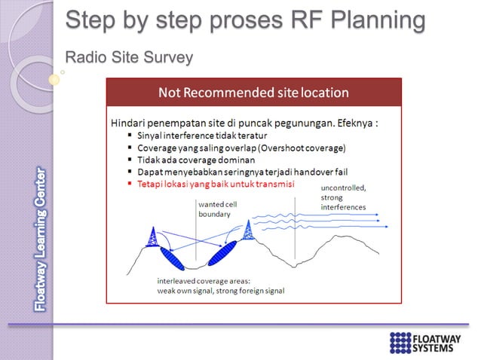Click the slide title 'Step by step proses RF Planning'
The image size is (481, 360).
point(245,20)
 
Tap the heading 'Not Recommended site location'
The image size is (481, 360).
point(253,93)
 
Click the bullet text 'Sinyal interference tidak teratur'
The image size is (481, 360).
point(191,136)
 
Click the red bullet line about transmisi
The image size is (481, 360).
point(216,184)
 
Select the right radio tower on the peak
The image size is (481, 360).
point(248,227)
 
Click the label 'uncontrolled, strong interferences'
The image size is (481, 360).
point(344,197)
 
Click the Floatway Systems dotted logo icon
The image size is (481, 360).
point(401,342)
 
